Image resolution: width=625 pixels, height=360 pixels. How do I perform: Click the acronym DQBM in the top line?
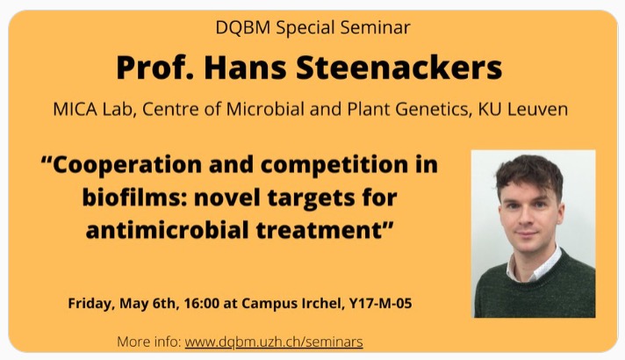point(243,27)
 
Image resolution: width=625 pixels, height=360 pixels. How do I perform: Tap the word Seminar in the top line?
point(375,27)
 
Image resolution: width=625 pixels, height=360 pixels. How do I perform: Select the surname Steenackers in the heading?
point(399,68)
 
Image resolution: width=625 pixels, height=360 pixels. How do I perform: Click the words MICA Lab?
point(92,109)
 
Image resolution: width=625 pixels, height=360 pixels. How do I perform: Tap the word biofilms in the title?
point(135,198)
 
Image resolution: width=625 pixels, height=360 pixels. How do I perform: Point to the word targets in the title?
point(312,198)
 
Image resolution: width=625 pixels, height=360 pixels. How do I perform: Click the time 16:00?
point(202,304)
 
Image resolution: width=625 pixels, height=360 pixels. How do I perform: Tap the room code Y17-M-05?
point(380,304)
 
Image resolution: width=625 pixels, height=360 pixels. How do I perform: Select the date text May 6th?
point(147,304)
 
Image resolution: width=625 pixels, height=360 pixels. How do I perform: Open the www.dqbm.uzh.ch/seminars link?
point(274,342)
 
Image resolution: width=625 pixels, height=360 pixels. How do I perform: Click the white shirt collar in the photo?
point(534,266)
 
